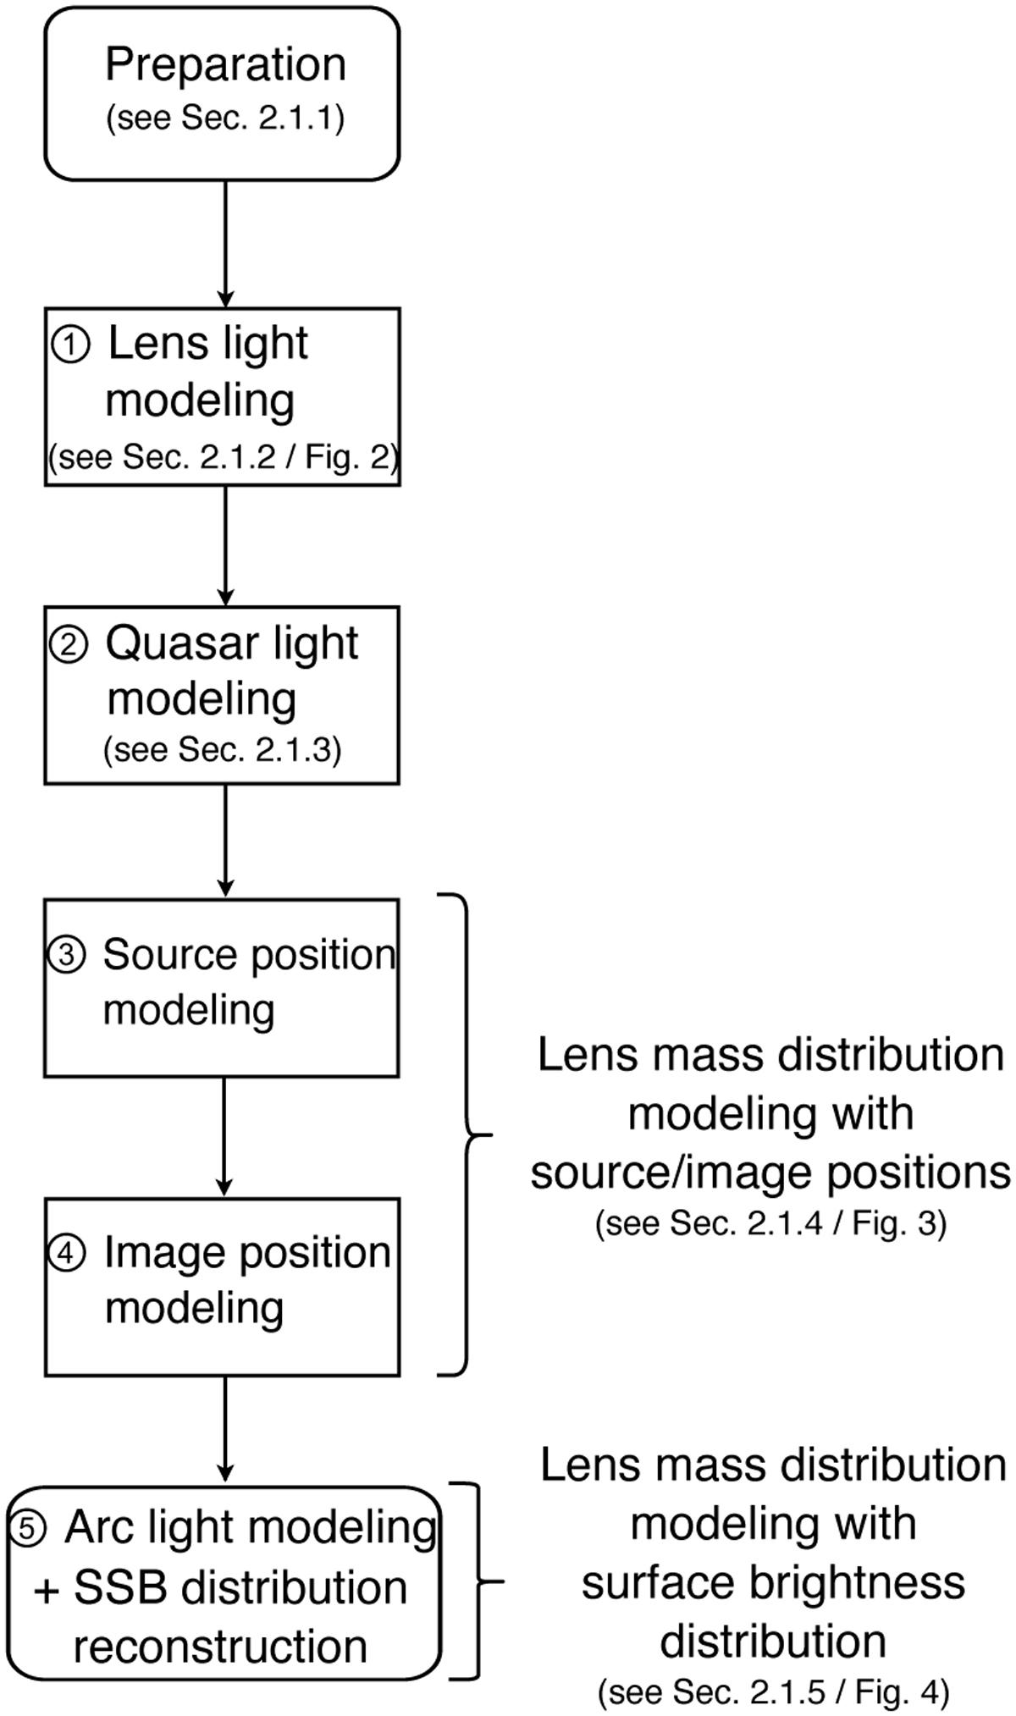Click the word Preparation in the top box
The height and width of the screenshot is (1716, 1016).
[x=225, y=66]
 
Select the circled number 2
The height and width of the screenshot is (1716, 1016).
[x=68, y=646]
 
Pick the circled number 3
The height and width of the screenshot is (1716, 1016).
[x=66, y=955]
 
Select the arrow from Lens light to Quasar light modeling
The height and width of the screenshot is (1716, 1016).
[x=225, y=545]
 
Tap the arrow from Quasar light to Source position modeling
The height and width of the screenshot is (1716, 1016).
[x=225, y=841]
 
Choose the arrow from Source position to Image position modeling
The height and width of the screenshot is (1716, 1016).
[x=224, y=1137]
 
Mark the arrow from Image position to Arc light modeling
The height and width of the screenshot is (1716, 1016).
[x=225, y=1430]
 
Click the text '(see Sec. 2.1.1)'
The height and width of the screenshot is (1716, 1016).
[x=225, y=118]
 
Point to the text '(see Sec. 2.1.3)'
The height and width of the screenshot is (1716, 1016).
[x=222, y=750]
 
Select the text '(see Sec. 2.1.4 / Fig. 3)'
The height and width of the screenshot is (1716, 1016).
[x=770, y=1224]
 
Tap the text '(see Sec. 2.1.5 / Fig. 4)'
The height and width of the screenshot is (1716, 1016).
[x=773, y=1691]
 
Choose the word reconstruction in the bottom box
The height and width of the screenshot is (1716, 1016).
[x=220, y=1647]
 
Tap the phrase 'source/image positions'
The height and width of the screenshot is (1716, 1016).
[x=770, y=1173]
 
